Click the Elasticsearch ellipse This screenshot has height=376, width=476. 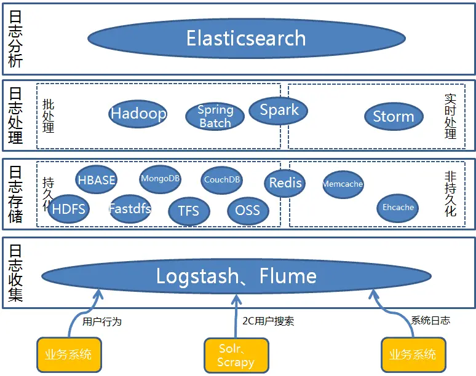tap(246, 39)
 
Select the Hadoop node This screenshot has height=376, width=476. tap(138, 114)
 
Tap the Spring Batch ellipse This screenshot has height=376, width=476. tap(215, 116)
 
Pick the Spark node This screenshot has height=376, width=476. tap(279, 111)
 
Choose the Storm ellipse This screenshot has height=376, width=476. tap(394, 117)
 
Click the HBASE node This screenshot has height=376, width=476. tap(97, 180)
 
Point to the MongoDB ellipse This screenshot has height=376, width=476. tap(161, 179)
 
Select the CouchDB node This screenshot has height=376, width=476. tap(222, 180)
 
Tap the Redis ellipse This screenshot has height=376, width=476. tap(285, 183)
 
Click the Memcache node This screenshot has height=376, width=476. tap(343, 184)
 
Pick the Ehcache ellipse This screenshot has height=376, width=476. tap(398, 208)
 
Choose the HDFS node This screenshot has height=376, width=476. tap(69, 209)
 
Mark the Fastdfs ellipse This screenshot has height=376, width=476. tap(130, 209)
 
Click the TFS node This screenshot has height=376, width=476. tap(189, 211)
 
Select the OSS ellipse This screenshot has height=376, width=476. tap(248, 211)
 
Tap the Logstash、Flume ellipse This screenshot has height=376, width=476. tap(236, 276)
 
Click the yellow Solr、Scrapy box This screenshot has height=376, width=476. tap(236, 355)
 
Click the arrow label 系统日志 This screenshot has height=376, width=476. tap(430, 320)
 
